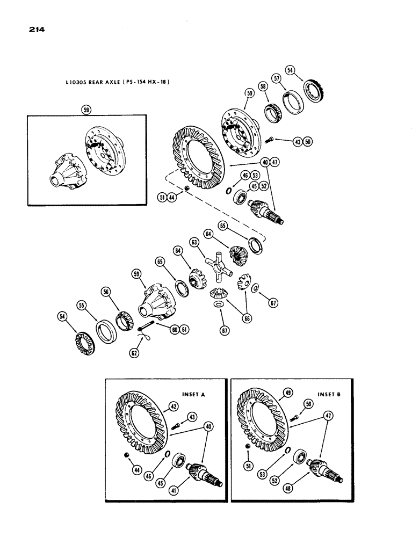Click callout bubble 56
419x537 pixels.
point(106,291)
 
